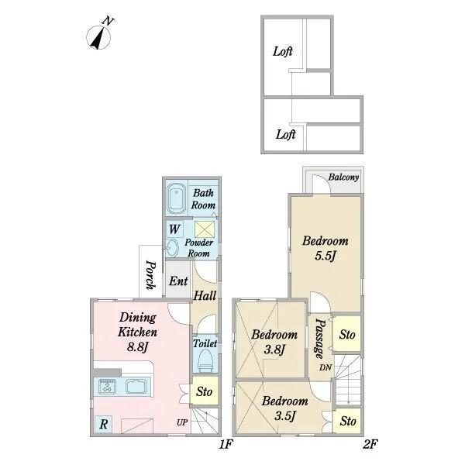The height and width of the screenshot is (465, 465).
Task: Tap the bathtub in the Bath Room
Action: [x=177, y=198]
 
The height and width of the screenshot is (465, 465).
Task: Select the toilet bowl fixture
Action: [x=205, y=360]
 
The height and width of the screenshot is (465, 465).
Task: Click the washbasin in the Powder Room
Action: [x=172, y=248]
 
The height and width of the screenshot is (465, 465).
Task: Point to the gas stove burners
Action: [x=106, y=387]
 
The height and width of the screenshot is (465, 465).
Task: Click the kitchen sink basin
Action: [x=136, y=387]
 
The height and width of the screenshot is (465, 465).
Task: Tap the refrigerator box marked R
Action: [x=104, y=424]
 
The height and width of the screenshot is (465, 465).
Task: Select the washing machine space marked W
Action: [x=174, y=229]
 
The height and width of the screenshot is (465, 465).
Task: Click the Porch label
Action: [x=150, y=274]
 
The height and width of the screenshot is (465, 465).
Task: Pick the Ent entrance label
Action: [x=178, y=281]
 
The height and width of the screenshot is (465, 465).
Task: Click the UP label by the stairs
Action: [x=182, y=422]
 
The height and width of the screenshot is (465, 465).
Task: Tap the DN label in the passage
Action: [x=325, y=367]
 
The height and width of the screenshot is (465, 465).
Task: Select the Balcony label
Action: [x=343, y=177]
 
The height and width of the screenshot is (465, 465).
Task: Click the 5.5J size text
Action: [x=325, y=256]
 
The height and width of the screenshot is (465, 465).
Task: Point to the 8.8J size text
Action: [x=138, y=346]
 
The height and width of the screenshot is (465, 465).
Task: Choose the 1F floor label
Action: [x=226, y=444]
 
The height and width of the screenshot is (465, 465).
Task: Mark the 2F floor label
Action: [x=370, y=444]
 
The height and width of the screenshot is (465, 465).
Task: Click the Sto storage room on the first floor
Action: [x=204, y=391]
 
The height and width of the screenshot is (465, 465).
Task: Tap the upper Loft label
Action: [x=283, y=52]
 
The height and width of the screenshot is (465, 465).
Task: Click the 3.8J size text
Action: [x=274, y=350]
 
